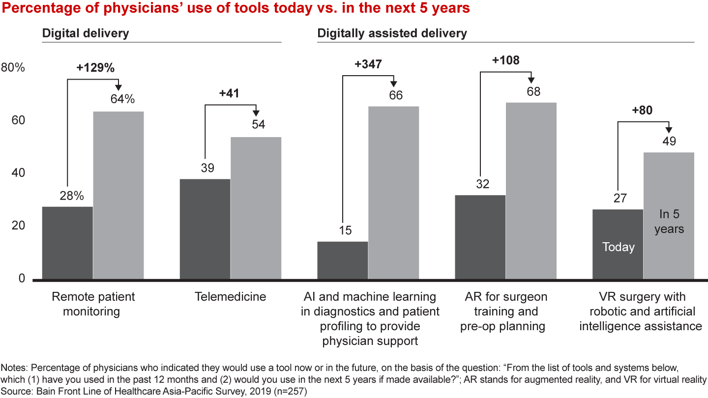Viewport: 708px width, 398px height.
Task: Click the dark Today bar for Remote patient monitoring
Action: click(67, 243)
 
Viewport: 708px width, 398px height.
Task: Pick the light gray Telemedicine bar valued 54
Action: click(256, 208)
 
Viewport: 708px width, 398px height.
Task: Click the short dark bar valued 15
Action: click(343, 260)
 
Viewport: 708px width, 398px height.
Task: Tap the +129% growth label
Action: click(95, 68)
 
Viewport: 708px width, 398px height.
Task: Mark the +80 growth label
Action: click(642, 111)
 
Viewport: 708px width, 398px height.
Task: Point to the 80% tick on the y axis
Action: click(13, 68)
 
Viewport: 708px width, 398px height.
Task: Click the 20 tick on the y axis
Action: click(19, 226)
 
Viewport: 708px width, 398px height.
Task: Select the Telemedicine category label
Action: click(230, 297)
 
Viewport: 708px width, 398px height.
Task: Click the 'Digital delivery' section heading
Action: click(86, 33)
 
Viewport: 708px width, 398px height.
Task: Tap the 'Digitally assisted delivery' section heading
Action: click(392, 33)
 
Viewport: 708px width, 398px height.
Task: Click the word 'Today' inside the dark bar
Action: click(618, 247)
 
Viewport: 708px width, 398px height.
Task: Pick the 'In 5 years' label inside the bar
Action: click(669, 222)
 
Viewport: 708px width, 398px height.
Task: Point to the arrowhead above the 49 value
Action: click(669, 130)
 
